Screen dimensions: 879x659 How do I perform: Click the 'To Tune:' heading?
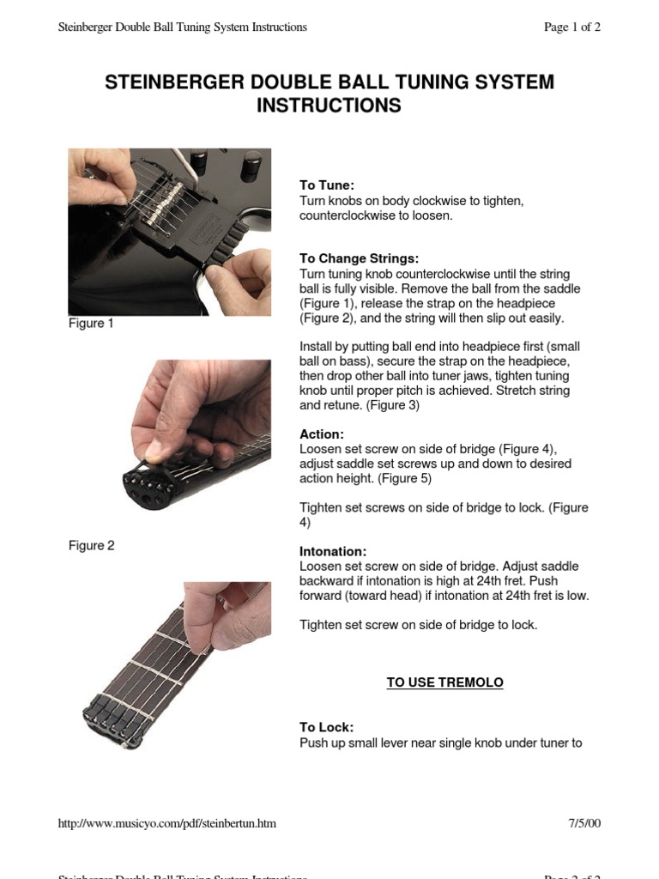click(x=326, y=185)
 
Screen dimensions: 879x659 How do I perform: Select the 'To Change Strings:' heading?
click(x=359, y=258)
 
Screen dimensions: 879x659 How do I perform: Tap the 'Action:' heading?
click(x=321, y=434)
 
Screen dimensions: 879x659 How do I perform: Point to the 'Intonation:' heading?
click(x=333, y=551)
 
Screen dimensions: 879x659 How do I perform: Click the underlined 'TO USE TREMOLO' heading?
click(x=444, y=682)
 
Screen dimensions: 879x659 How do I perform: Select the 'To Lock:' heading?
click(x=326, y=727)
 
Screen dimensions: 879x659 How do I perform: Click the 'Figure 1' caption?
click(x=91, y=324)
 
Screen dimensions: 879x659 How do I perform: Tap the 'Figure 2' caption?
click(x=91, y=545)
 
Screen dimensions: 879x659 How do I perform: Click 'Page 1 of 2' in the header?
click(x=571, y=27)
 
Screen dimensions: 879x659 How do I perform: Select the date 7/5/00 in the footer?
click(x=583, y=823)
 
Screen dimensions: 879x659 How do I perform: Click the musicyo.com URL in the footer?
click(x=166, y=823)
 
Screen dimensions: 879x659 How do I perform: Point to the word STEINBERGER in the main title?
click(x=174, y=83)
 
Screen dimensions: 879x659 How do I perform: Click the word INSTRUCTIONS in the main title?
click(x=329, y=106)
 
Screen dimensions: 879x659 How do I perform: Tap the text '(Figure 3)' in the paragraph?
click(x=392, y=405)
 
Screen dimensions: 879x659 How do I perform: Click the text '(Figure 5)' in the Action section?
click(x=403, y=478)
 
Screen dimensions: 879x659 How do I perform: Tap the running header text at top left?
click(x=182, y=27)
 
